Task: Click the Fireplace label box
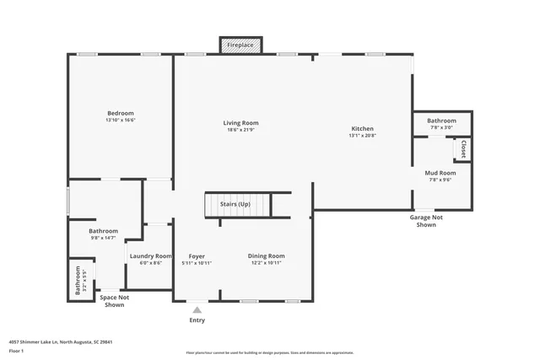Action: [x=240, y=46]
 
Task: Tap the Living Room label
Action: [x=240, y=122]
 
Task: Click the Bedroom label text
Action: [x=120, y=113]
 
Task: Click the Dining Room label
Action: [x=266, y=255]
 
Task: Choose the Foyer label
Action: [x=197, y=255]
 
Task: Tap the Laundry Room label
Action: [x=150, y=255]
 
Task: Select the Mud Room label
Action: [x=440, y=173]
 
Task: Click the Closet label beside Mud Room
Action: [x=462, y=149]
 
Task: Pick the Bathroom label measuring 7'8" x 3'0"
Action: [x=441, y=121]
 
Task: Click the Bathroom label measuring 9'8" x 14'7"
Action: [x=103, y=231]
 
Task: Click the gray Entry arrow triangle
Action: [x=197, y=310]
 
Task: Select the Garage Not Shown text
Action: [x=426, y=221]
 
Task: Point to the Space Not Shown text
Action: [x=114, y=301]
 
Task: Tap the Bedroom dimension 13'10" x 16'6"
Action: [x=120, y=121]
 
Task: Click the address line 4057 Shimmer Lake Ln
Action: [x=61, y=342]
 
